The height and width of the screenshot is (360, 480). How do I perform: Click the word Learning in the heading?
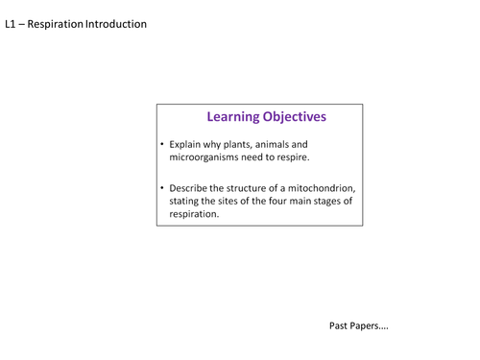coord(235,117)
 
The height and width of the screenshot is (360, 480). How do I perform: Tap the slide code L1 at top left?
coord(12,23)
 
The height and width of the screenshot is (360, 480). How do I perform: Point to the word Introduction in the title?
coord(116,23)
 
